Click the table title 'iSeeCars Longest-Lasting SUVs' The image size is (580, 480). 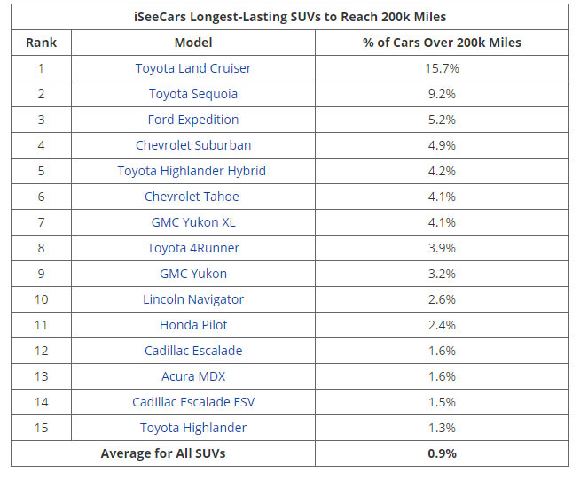click(x=289, y=17)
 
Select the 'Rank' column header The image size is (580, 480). click(x=41, y=43)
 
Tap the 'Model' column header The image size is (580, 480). click(x=192, y=43)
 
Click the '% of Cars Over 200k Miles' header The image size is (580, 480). click(x=442, y=43)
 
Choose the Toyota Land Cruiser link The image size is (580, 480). click(x=192, y=68)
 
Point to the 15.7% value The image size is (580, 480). click(x=442, y=68)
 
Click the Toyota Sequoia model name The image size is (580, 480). click(x=192, y=94)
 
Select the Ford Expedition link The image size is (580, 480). click(x=192, y=120)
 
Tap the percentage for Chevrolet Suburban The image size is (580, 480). click(x=442, y=145)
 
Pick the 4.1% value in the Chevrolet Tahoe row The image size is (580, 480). click(x=442, y=197)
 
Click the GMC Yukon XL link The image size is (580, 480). click(x=192, y=222)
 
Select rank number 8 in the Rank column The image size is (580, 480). click(x=41, y=248)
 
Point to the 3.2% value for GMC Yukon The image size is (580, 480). click(x=442, y=274)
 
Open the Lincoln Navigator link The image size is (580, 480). click(x=192, y=299)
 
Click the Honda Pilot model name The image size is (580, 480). click(x=192, y=325)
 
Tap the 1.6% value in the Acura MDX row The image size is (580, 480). click(x=442, y=376)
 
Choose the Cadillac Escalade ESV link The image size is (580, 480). click(x=192, y=402)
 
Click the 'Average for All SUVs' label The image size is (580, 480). click(x=162, y=454)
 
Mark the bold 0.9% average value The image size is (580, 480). click(x=442, y=454)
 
